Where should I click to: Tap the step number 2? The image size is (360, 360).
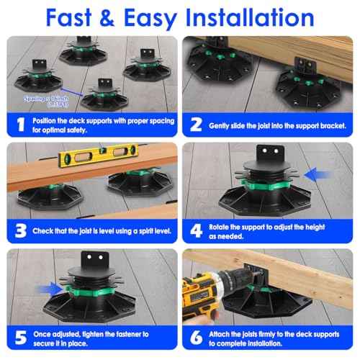(195, 125)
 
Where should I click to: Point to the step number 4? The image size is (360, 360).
(195, 232)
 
